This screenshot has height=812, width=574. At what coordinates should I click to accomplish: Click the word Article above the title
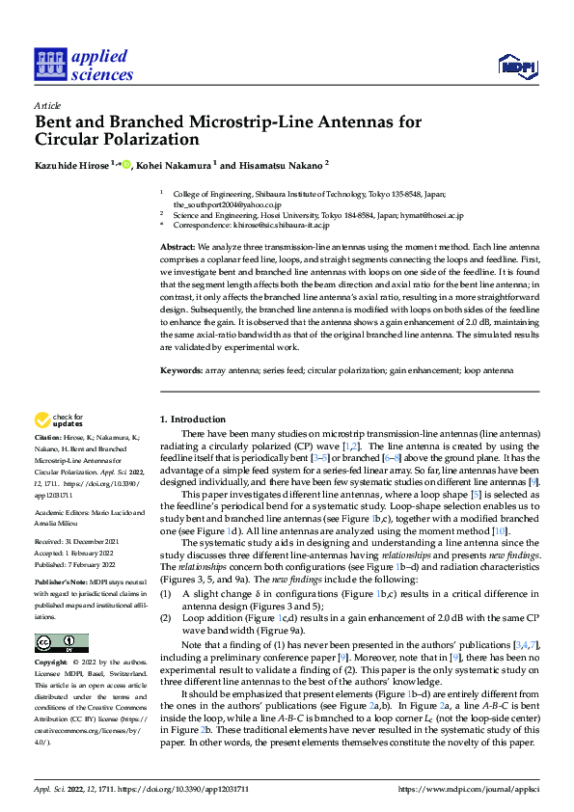[46, 105]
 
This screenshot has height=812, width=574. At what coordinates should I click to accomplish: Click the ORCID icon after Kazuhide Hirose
[125, 164]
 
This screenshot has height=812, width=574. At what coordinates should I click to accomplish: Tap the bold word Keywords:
[181, 370]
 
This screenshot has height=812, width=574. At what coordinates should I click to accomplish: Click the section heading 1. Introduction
[192, 419]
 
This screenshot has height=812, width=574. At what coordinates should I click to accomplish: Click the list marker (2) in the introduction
[165, 614]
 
